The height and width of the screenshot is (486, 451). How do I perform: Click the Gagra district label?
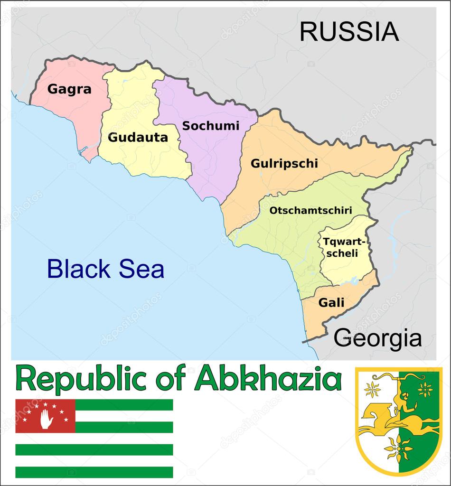click(x=69, y=89)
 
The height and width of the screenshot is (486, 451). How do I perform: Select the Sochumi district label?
click(x=211, y=126)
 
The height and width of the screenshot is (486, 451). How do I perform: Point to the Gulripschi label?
click(x=284, y=164)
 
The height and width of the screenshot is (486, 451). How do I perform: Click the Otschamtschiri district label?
click(x=310, y=210)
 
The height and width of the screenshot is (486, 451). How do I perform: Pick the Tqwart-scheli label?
click(x=340, y=247)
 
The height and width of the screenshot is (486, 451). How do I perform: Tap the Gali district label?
click(x=331, y=302)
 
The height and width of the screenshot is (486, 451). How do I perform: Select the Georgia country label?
click(x=377, y=338)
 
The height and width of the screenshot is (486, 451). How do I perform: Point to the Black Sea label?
click(x=105, y=269)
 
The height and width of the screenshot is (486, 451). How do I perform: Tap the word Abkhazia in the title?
click(x=268, y=379)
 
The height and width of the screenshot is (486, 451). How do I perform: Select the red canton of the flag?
click(x=46, y=416)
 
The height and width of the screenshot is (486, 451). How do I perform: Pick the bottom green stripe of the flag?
click(x=94, y=472)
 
